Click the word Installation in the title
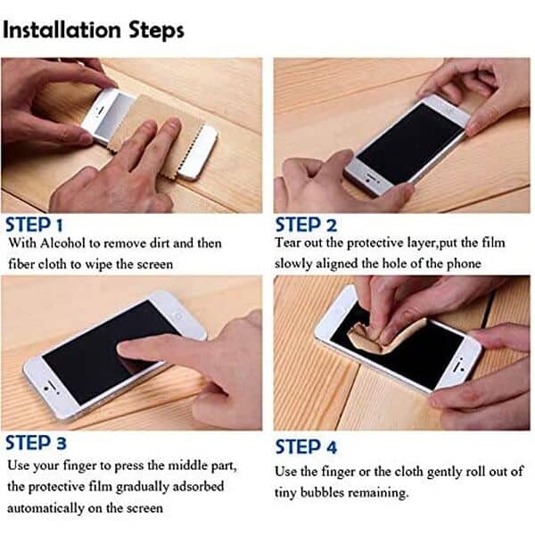pyautogui.click(x=62, y=30)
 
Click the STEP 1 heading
pyautogui.click(x=35, y=226)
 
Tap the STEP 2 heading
pyautogui.click(x=306, y=226)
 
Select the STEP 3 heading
pyautogui.click(x=36, y=443)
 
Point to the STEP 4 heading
pyautogui.click(x=306, y=447)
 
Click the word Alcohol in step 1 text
pyautogui.click(x=62, y=243)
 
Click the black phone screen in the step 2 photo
pyautogui.click(x=410, y=144)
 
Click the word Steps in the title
pyautogui.click(x=157, y=30)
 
